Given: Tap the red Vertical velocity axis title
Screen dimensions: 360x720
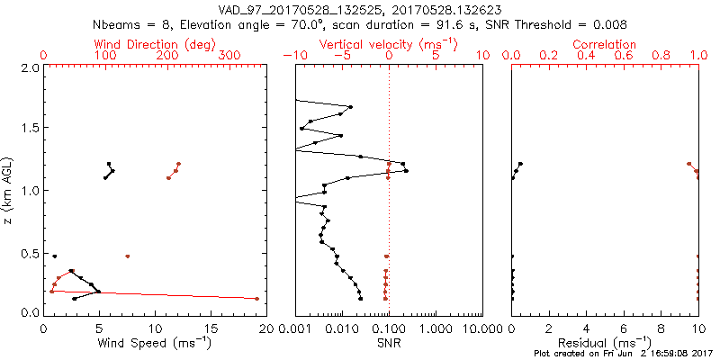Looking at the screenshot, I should (x=388, y=44).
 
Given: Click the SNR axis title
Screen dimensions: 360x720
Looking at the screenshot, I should (x=390, y=343).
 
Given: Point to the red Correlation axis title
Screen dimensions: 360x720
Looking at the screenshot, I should (x=605, y=44).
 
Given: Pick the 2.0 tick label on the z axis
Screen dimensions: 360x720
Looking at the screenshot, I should (x=30, y=67).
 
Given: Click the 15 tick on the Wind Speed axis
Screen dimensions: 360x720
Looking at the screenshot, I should (x=211, y=328).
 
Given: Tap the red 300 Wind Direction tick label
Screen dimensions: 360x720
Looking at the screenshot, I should (x=229, y=55).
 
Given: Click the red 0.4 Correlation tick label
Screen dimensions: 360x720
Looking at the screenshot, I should (x=586, y=55).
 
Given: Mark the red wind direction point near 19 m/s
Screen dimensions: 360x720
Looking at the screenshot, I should (x=257, y=298).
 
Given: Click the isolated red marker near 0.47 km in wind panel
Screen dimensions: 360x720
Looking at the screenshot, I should (x=128, y=256).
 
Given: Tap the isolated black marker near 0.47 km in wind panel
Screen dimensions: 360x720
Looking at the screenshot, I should (x=55, y=256).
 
